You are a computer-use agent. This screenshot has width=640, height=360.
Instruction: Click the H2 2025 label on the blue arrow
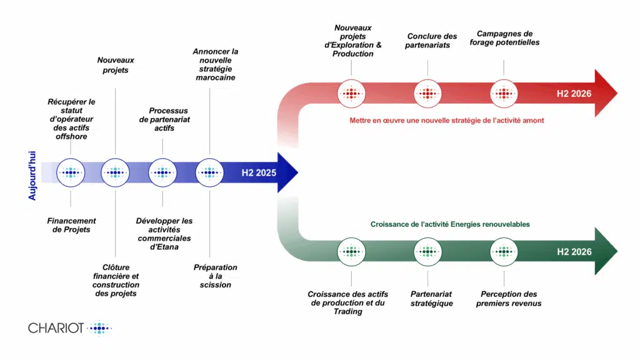pos(259,173)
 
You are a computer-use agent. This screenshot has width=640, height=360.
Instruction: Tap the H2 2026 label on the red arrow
pos(574,94)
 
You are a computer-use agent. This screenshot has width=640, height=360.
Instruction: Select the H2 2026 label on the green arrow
pos(574,252)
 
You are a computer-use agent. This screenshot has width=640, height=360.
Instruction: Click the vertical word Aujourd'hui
pos(32,173)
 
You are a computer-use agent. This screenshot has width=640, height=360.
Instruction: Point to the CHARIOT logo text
pos(56,328)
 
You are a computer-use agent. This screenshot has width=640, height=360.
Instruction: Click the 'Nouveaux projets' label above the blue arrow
pos(116,65)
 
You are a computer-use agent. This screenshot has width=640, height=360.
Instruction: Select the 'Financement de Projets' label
pos(71,225)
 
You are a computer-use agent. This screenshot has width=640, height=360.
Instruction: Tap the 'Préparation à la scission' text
pos(216,276)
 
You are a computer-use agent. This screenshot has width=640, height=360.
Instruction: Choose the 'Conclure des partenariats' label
pos(431,41)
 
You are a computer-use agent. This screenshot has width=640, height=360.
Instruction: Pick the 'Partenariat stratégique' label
pos(431,299)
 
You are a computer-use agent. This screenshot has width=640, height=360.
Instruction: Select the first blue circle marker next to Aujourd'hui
pos(71,172)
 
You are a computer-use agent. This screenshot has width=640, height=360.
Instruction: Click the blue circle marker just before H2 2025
pos(210,172)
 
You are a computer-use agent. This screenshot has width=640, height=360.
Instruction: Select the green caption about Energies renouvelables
pos(450,224)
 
